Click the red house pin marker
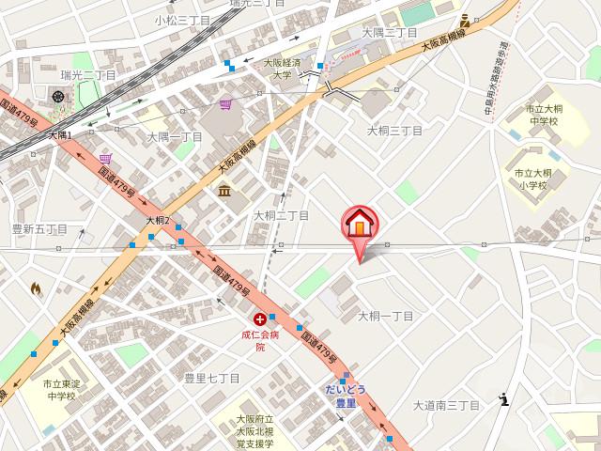[x=361, y=225]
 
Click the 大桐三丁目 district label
[x=395, y=130]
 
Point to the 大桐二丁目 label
[x=281, y=215]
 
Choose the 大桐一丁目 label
[x=385, y=316]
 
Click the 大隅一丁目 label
[x=174, y=136]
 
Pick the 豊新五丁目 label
[x=39, y=228]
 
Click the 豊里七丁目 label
[x=211, y=378]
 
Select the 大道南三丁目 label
[x=446, y=405]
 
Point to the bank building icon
[x=225, y=192]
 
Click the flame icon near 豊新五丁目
[x=36, y=289]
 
